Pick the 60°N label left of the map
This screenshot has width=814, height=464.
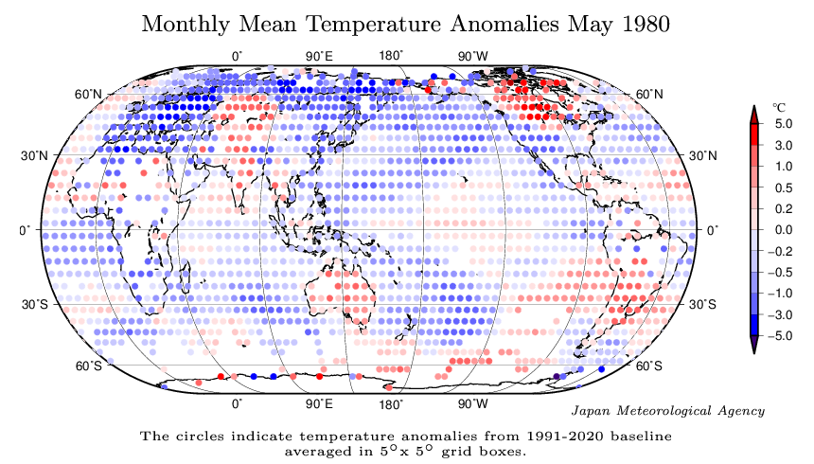pyautogui.click(x=88, y=94)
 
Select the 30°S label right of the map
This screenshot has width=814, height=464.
pyautogui.click(x=701, y=304)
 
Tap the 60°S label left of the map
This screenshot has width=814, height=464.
pyautogui.click(x=88, y=366)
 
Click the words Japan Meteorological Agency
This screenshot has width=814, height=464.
pyautogui.click(x=669, y=410)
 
